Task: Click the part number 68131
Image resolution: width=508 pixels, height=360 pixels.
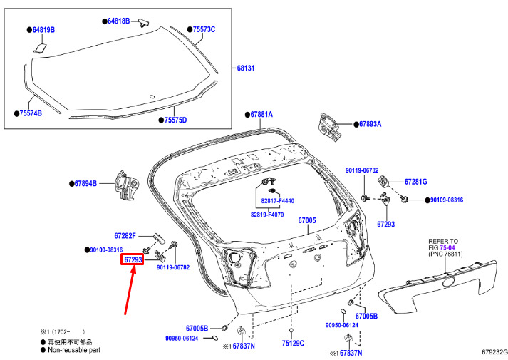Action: pyautogui.click(x=246, y=68)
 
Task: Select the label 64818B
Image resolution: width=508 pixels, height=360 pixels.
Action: pyautogui.click(x=118, y=21)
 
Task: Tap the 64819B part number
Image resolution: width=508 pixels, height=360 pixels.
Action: pyautogui.click(x=43, y=30)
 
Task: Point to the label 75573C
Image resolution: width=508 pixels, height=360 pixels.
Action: pyautogui.click(x=204, y=29)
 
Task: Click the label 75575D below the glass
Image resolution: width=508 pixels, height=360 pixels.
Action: pyautogui.click(x=175, y=120)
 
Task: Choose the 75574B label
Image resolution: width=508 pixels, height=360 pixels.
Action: pyautogui.click(x=31, y=113)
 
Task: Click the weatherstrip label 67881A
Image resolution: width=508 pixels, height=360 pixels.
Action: pyautogui.click(x=261, y=114)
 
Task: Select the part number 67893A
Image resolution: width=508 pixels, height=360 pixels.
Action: pyautogui.click(x=370, y=124)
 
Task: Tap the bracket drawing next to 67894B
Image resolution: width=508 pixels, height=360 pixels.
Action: pyautogui.click(x=127, y=185)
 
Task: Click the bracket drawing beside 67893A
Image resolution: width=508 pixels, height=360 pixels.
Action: pyautogui.click(x=329, y=127)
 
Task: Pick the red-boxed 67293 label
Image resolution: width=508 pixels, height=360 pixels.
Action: pyautogui.click(x=133, y=259)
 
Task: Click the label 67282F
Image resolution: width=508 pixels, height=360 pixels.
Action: pyautogui.click(x=125, y=236)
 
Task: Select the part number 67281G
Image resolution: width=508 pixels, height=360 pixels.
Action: pyautogui.click(x=415, y=182)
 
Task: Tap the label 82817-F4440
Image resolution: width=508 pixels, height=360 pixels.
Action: pyautogui.click(x=278, y=201)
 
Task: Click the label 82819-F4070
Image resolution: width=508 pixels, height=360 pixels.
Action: pyautogui.click(x=267, y=215)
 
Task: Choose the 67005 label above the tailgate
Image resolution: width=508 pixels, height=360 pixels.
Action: pyautogui.click(x=307, y=221)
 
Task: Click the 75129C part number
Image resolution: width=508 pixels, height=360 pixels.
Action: pyautogui.click(x=293, y=343)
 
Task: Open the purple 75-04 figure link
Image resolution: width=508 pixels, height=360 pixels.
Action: pyautogui.click(x=447, y=247)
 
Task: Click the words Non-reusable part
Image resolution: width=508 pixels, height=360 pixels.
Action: pyautogui.click(x=74, y=350)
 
